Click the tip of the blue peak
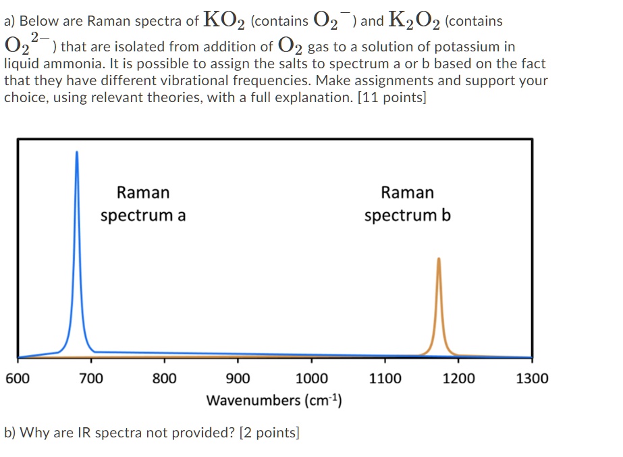click(x=76, y=152)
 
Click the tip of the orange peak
click(x=439, y=259)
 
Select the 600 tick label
click(x=17, y=379)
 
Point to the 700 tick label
click(x=91, y=379)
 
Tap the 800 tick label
click(x=164, y=379)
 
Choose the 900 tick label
click(x=238, y=379)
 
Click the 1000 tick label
click(x=312, y=379)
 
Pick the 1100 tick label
click(x=385, y=379)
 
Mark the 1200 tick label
click(x=459, y=379)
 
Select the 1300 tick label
click(x=533, y=379)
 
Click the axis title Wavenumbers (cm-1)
click(x=274, y=400)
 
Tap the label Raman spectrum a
click(x=143, y=204)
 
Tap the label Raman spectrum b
click(x=408, y=204)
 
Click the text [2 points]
click(x=269, y=433)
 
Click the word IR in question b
click(x=86, y=433)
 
